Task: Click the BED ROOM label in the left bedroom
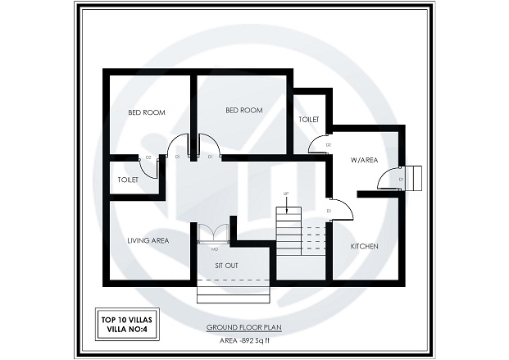coord(148,113)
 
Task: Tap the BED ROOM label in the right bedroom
coord(243,110)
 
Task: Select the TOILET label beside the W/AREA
coord(308,120)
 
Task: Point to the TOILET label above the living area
coord(128,179)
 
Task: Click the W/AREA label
coord(363,160)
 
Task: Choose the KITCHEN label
coord(364,246)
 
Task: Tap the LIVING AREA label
coord(148,240)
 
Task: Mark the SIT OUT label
coord(227,267)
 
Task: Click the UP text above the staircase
coord(285,194)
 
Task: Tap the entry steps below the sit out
coord(233,290)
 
